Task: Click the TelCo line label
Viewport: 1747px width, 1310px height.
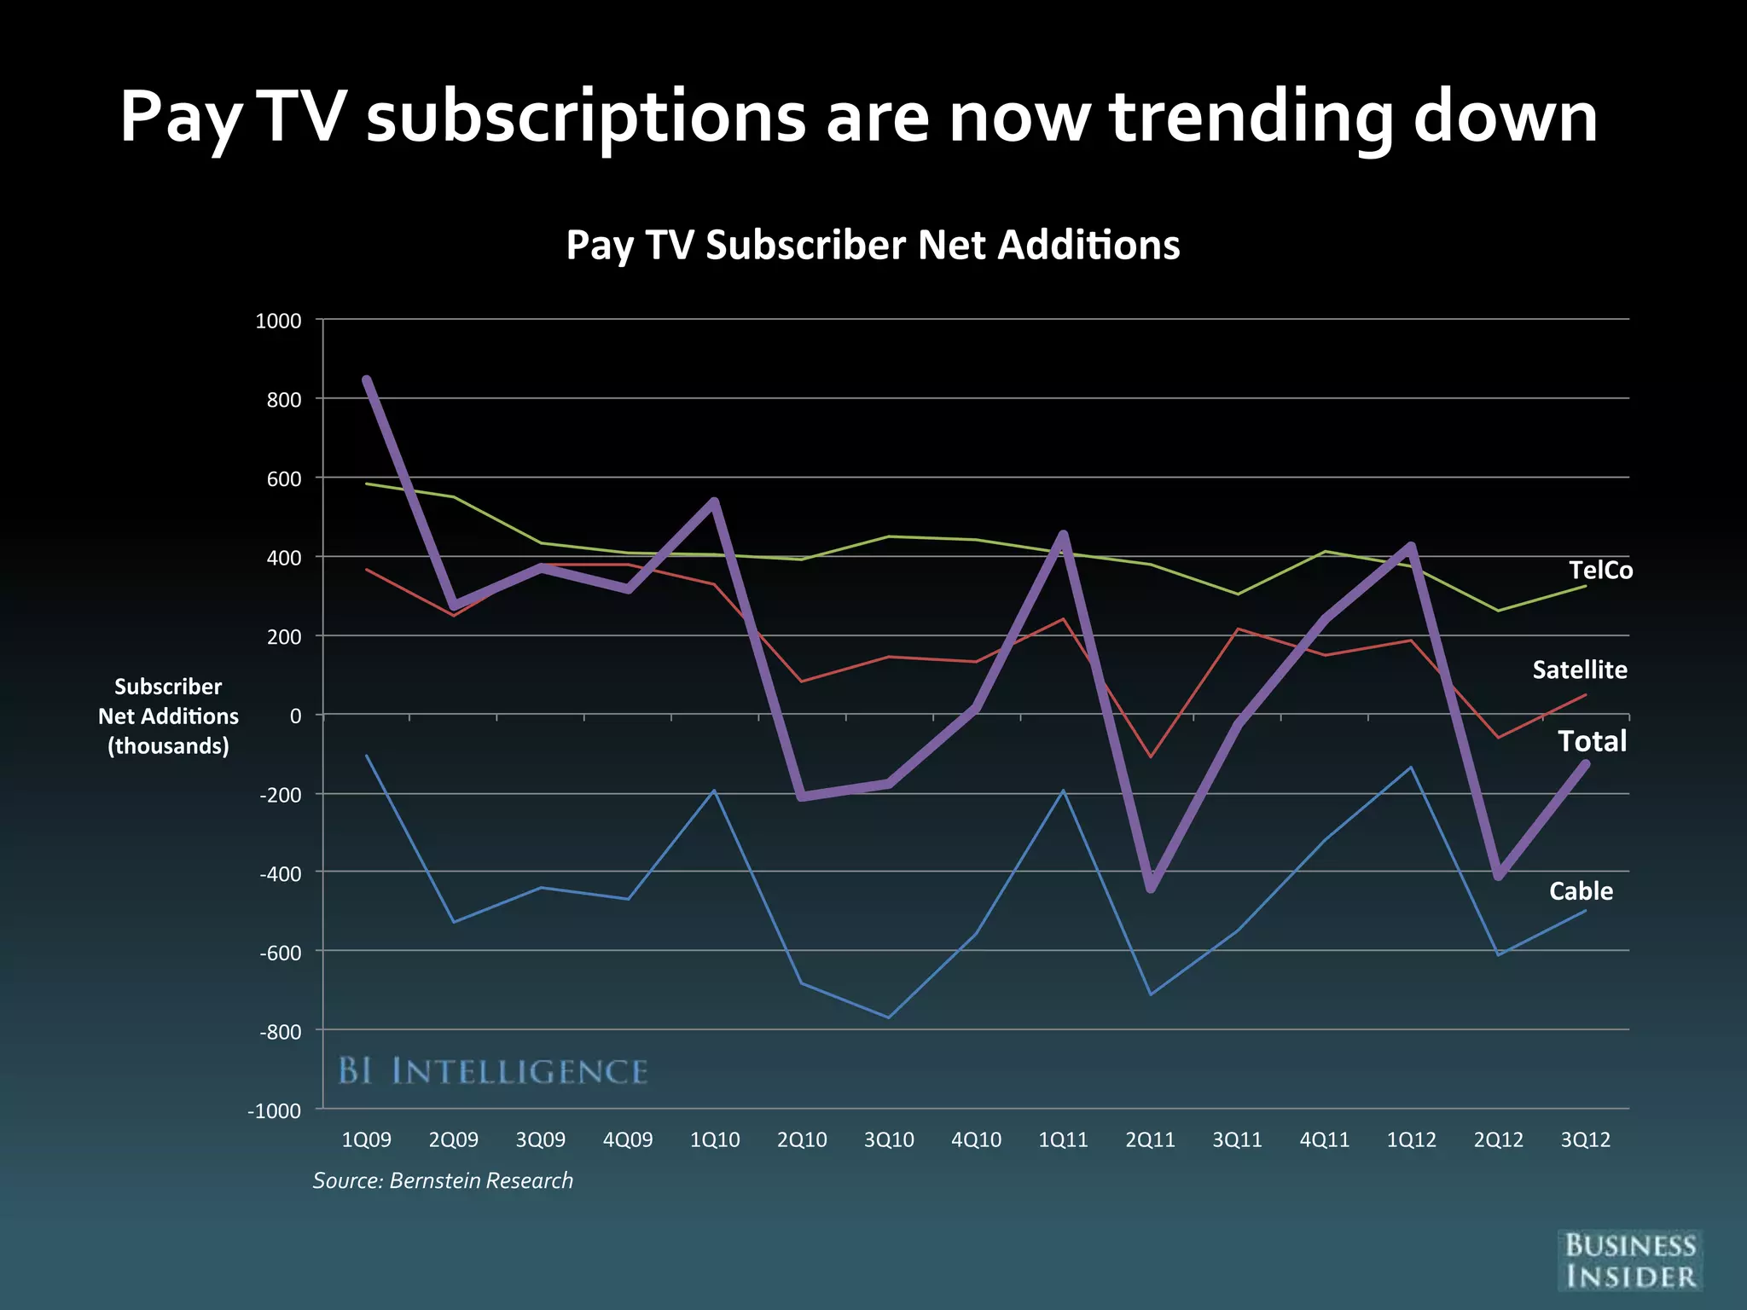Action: (1600, 570)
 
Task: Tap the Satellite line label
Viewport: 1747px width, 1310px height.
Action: (1579, 669)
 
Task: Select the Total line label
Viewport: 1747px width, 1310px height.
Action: (1592, 740)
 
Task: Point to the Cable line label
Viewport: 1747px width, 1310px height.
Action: (1581, 890)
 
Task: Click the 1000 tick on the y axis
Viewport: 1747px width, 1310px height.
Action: (278, 321)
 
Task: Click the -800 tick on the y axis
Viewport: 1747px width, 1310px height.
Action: (280, 1031)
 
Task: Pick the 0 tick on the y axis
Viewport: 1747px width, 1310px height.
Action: (295, 716)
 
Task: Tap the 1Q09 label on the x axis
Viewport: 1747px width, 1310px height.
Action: (366, 1139)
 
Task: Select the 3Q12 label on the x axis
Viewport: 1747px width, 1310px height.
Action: (1585, 1139)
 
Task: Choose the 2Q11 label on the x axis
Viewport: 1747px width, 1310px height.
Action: (1150, 1139)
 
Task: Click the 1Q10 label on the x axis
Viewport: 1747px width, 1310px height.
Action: (714, 1139)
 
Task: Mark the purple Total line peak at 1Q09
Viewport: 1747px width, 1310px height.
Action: (366, 380)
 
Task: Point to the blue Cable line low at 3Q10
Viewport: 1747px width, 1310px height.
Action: (889, 1017)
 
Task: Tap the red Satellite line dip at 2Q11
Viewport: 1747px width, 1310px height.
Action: (1150, 756)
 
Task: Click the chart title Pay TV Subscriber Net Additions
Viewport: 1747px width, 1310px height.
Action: (873, 245)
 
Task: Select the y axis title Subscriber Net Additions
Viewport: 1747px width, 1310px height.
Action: (168, 716)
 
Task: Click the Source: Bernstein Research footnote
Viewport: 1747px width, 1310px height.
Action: (443, 1180)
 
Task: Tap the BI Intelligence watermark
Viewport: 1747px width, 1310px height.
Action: (493, 1071)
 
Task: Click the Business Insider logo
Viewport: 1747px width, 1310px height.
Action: (1629, 1261)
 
